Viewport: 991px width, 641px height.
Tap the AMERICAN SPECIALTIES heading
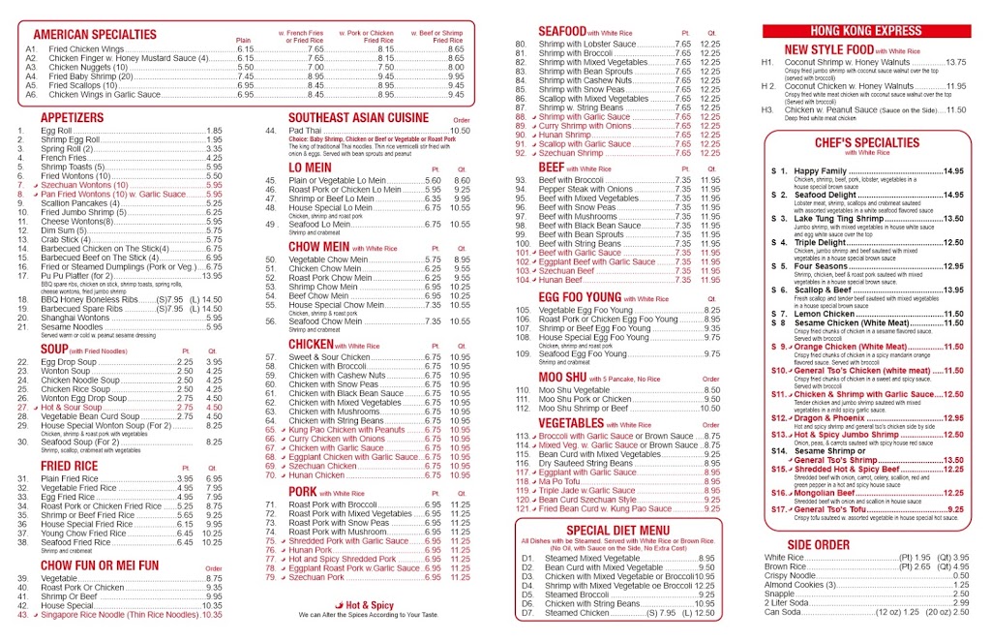(94, 35)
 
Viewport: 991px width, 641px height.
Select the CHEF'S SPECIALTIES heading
(853, 142)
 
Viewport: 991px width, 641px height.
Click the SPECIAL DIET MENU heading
(617, 530)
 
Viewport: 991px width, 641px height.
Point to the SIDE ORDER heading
(818, 544)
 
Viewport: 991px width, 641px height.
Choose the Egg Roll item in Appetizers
(56, 131)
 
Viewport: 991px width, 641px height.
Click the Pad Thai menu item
(305, 131)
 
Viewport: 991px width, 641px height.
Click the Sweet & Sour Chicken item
(333, 357)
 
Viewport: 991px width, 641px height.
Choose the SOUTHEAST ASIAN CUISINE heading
(358, 117)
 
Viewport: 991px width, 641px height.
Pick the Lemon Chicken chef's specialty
(825, 314)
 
